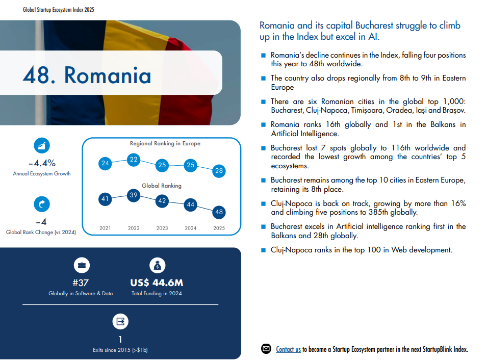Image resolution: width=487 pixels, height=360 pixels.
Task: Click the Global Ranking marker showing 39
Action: pos(134,195)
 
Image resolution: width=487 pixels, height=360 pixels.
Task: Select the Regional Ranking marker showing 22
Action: pos(134,160)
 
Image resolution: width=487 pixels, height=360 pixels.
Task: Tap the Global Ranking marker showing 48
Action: pos(219,212)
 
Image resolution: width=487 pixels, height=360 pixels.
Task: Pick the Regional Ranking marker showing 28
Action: pos(219,171)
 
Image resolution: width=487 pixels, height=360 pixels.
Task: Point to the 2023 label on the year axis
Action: pos(162,228)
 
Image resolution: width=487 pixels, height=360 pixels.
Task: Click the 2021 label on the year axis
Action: pos(105,228)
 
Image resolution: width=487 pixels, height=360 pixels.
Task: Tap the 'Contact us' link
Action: pos(288,349)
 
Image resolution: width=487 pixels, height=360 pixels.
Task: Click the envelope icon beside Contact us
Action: pos(266,349)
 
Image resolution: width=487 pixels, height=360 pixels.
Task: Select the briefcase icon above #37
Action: pos(81,265)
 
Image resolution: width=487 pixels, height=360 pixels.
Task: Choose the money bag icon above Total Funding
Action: pos(157,265)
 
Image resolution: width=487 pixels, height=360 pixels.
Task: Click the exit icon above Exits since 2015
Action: pos(120,321)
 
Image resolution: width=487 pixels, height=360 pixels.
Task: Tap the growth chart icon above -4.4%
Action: pos(42,145)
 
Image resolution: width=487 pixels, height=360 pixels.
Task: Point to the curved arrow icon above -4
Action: pos(41,204)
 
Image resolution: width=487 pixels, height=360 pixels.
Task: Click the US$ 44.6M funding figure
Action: pos(157,283)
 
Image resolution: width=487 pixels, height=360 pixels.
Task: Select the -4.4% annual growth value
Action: pos(42,163)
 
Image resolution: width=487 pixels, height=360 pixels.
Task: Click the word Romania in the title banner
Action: pos(108,75)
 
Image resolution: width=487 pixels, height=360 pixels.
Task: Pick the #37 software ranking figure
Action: pos(81,283)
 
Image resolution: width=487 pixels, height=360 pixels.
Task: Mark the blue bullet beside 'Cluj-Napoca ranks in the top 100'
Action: pos(263,250)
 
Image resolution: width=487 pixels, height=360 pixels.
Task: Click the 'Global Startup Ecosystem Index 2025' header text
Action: pos(59,10)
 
